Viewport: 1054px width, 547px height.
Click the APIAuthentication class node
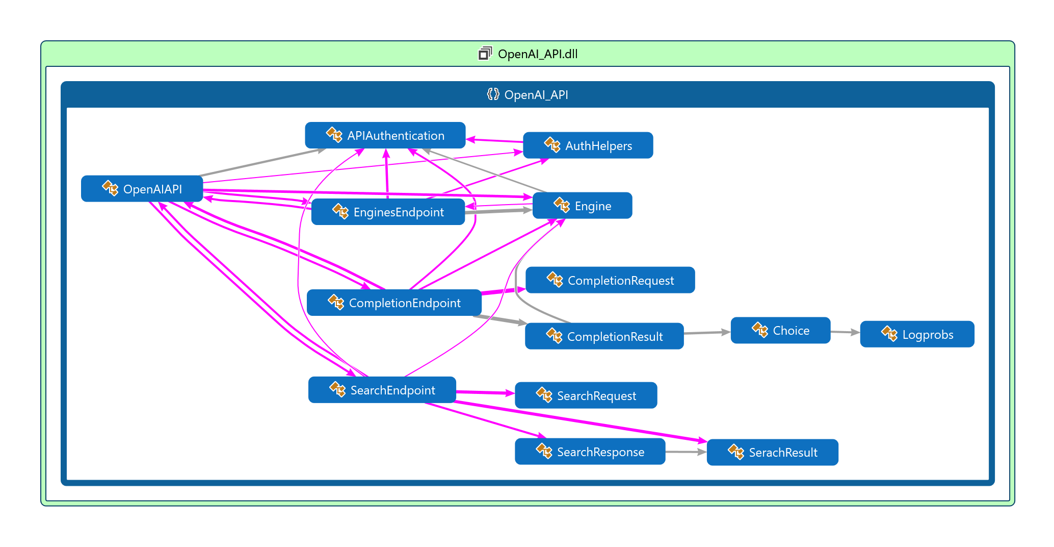(385, 135)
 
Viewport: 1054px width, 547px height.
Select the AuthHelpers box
(588, 145)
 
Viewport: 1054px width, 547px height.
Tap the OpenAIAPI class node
(142, 189)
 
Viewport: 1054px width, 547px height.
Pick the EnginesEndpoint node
(388, 212)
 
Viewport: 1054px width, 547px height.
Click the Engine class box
(582, 206)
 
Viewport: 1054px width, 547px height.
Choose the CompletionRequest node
(610, 280)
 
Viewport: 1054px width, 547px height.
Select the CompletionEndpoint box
(394, 303)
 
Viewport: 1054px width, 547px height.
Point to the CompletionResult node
(604, 336)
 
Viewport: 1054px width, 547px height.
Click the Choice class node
(780, 330)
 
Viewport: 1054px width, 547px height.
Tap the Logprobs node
(917, 334)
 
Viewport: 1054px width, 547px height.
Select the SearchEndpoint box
(382, 390)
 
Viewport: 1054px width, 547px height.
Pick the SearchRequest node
(586, 395)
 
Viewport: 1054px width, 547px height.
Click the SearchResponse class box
(590, 452)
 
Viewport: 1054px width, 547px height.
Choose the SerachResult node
(772, 452)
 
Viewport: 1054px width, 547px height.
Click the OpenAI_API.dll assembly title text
(537, 54)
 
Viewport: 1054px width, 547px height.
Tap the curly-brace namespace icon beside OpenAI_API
(492, 94)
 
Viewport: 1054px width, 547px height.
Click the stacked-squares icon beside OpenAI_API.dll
(485, 53)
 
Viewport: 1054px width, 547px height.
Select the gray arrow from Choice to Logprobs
(845, 332)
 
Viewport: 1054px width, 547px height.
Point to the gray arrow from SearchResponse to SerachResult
(686, 452)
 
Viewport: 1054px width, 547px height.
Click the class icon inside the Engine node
(562, 205)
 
